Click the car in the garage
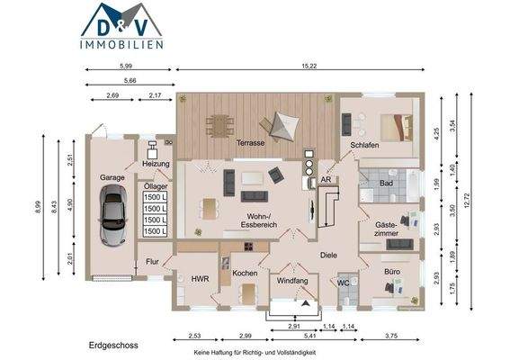coord(112,215)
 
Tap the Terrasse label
coord(250,143)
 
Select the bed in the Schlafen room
coord(397,127)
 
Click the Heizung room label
coord(156,164)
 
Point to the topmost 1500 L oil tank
coord(155,197)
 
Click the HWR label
coord(200,279)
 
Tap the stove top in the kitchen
coord(249,246)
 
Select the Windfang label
coord(292,281)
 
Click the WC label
coord(343,283)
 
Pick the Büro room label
coord(392,272)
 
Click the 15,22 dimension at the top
coord(309,66)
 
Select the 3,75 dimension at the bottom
coord(391,336)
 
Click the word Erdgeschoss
coord(113,346)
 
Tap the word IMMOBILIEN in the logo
coord(121,45)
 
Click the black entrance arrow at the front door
coord(305,303)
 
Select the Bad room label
coord(386,184)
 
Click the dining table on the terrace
coord(219,125)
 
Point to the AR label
coord(326,179)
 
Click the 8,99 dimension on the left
coord(39,207)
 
